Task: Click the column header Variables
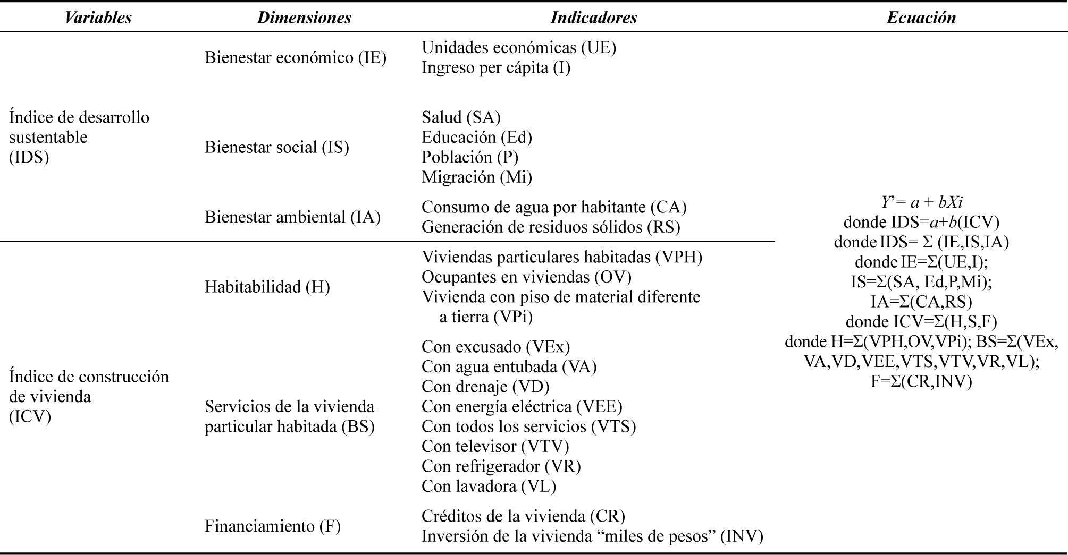point(98,18)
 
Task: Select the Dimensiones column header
point(304,18)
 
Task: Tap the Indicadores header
point(593,18)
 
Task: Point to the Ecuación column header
point(921,18)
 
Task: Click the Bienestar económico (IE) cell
point(296,57)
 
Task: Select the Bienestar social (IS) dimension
point(277,147)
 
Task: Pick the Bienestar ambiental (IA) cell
point(292,217)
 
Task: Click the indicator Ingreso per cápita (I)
point(496,67)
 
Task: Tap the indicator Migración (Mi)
point(477,177)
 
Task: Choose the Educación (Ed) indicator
point(477,137)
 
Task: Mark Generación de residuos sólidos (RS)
point(551,227)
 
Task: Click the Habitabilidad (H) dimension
point(267,287)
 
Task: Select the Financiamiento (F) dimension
point(273,526)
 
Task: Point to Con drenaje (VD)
point(485,386)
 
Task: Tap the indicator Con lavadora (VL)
point(489,486)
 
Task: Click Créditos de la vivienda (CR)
point(523,516)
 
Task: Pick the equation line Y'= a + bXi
point(921,202)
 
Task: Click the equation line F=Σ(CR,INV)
point(921,381)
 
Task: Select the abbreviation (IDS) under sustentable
point(29,157)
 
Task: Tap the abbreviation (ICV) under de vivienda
point(30,417)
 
